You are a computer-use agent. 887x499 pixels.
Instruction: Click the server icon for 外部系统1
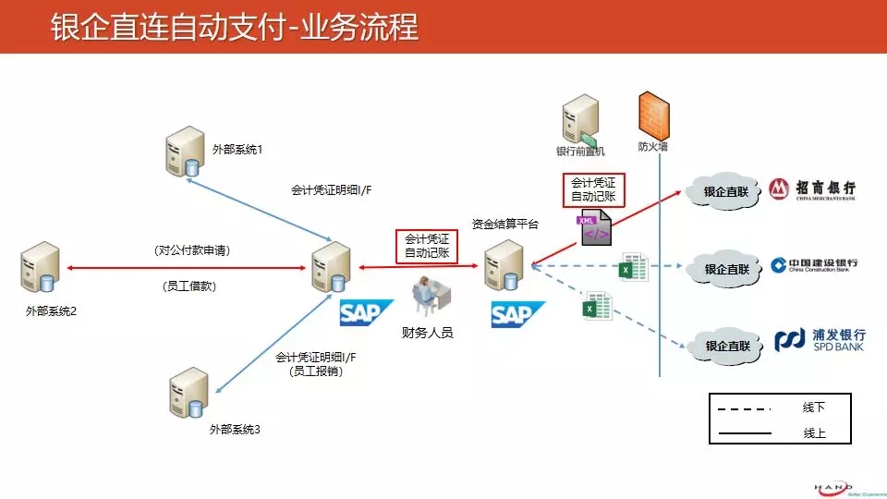coord(185,152)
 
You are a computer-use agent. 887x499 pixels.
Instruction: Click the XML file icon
coord(592,228)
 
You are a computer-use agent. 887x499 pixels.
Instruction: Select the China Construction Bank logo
coord(814,266)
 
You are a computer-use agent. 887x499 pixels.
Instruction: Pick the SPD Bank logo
coord(820,340)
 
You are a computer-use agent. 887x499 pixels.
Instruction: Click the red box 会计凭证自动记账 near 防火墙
coord(593,189)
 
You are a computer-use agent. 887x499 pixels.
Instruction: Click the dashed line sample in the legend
coord(743,408)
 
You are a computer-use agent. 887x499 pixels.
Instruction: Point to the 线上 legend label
coord(814,432)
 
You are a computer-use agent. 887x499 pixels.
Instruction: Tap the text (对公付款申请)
coord(192,250)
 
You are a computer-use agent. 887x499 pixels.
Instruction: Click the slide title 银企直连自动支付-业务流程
coord(234,28)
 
